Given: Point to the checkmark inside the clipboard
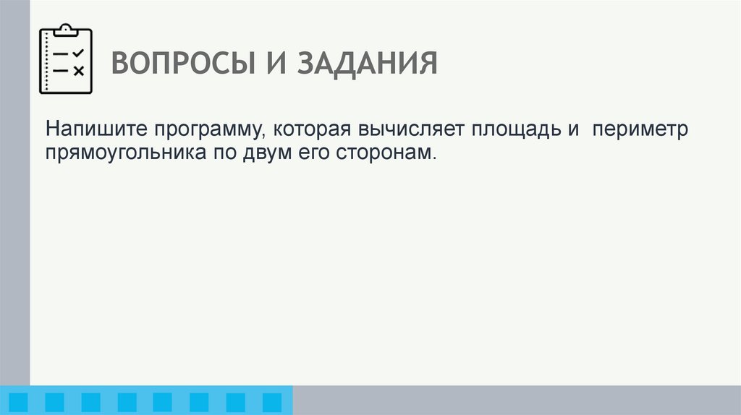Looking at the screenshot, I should pos(79,54).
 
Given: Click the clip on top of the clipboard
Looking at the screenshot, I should pos(65,30).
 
